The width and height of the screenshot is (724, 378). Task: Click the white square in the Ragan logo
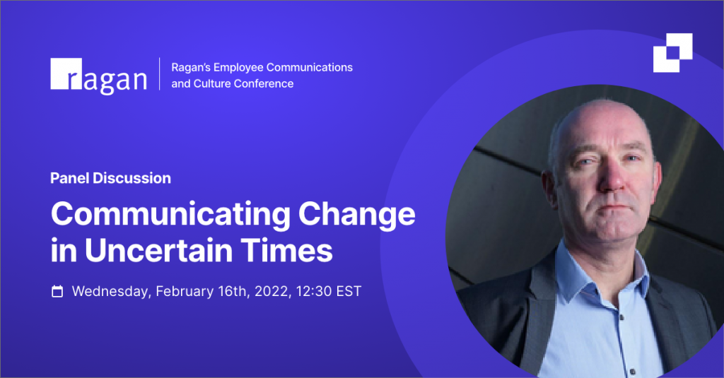pos(66,73)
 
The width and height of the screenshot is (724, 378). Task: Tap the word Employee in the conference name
pos(238,68)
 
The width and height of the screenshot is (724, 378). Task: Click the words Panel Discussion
pos(110,178)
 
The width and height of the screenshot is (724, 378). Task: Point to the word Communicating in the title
pos(171,214)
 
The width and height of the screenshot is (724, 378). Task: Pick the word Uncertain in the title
pos(158,250)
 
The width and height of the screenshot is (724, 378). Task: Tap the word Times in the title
pos(286,250)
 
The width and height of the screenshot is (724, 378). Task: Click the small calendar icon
pos(57,291)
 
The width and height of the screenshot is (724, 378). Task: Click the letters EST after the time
pos(349,291)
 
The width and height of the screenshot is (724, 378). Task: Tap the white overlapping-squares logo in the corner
pos(673,52)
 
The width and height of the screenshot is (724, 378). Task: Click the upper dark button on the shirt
pos(621,317)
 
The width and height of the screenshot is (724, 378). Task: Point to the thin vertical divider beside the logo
pos(160,74)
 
